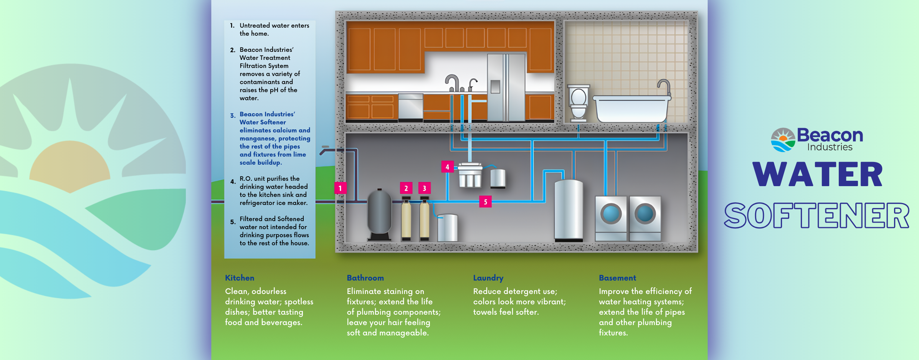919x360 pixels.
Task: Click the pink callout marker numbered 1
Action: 340,188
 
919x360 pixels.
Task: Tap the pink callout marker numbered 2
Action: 406,188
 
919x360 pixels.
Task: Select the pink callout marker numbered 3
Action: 424,188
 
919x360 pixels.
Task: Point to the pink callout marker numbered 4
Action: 447,167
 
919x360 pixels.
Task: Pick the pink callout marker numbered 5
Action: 485,201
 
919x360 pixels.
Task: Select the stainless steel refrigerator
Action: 506,88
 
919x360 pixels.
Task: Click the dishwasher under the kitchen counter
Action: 410,107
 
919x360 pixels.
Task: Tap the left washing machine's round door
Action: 611,214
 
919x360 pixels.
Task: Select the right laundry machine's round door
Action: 645,214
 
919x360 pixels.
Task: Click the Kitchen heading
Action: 240,278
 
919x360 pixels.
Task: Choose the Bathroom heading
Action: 365,278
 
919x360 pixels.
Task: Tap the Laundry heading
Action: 488,278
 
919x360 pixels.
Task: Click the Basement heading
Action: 617,278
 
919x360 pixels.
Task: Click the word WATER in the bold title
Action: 818,175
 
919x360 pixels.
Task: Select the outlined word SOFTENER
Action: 817,215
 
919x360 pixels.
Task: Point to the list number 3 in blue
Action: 233,116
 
